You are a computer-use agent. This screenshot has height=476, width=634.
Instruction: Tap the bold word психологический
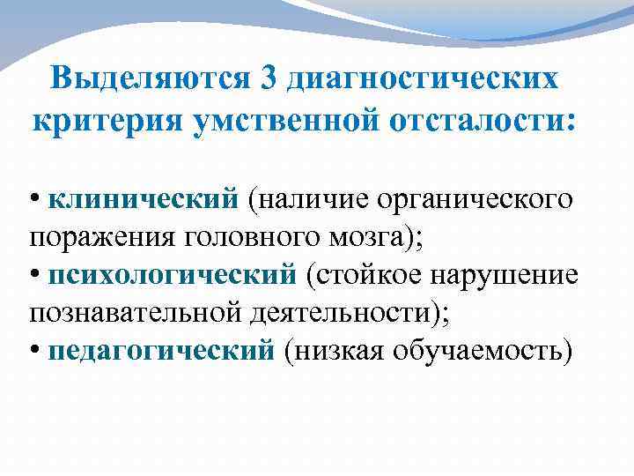(x=173, y=275)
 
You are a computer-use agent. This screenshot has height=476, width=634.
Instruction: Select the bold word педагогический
(x=162, y=351)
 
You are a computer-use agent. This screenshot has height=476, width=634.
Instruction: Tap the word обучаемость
(x=485, y=351)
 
